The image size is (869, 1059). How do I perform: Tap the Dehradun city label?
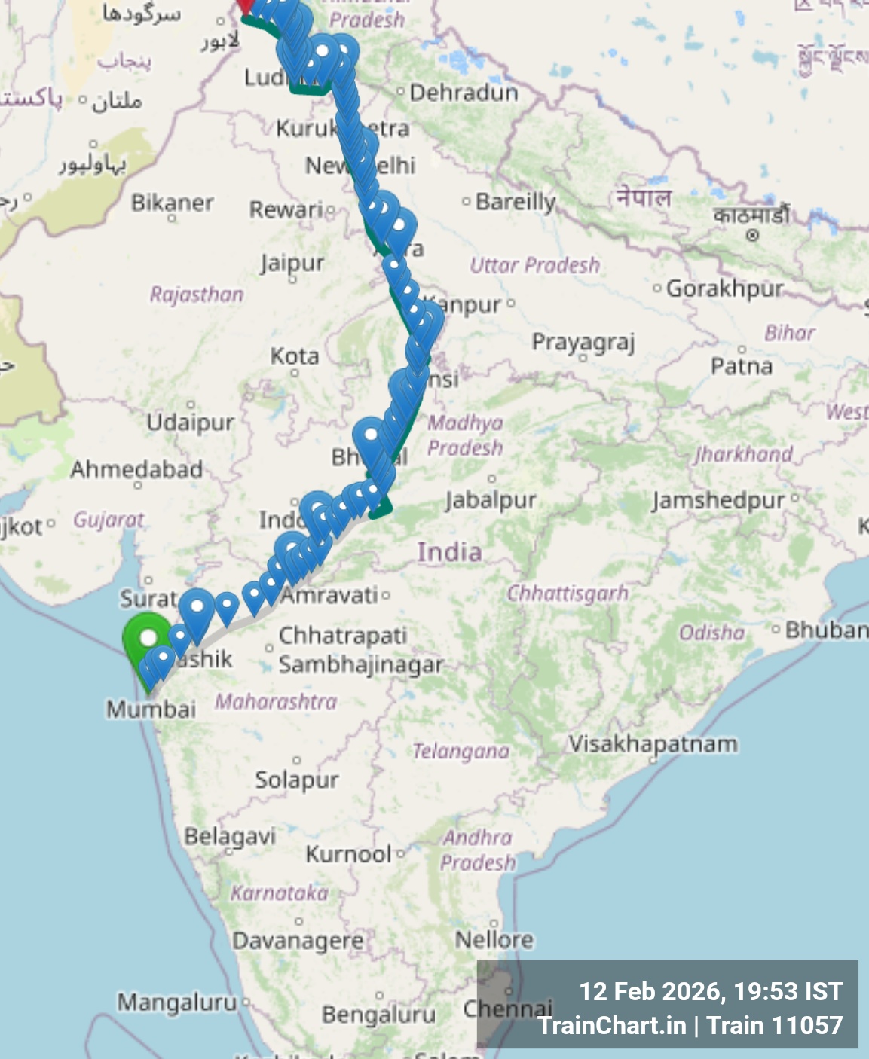point(464,93)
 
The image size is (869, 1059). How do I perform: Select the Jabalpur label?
point(491,500)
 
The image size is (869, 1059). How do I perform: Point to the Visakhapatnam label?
point(653,744)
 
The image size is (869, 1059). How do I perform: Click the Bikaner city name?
point(172,203)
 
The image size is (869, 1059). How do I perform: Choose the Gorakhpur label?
point(724,288)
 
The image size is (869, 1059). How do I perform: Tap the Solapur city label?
point(296,780)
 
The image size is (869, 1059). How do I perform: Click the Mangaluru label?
point(177,1003)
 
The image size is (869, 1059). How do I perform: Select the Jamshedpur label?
point(718,500)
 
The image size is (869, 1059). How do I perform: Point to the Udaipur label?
point(190,422)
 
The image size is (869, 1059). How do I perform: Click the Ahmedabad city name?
point(136,470)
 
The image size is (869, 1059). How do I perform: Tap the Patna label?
point(742,367)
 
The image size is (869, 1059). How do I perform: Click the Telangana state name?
point(461,751)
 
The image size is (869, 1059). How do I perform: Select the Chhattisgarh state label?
point(568,594)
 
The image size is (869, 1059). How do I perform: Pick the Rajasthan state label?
point(197,295)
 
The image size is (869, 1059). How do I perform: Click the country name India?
point(449,552)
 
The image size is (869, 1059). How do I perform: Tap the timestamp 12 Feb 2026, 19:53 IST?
point(710,992)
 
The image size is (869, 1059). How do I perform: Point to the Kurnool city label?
point(348,854)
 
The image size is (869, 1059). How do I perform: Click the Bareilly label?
point(516,202)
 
